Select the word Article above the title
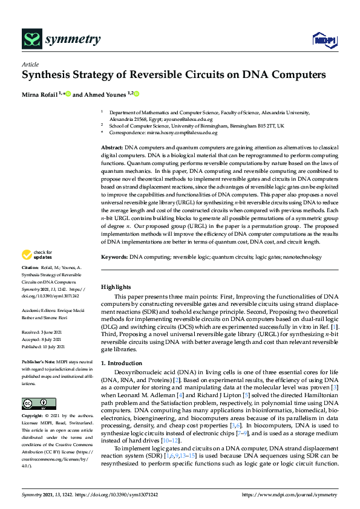click(30, 64)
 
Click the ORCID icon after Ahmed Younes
click(137, 94)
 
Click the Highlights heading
click(116, 287)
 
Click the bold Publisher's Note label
click(39, 361)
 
